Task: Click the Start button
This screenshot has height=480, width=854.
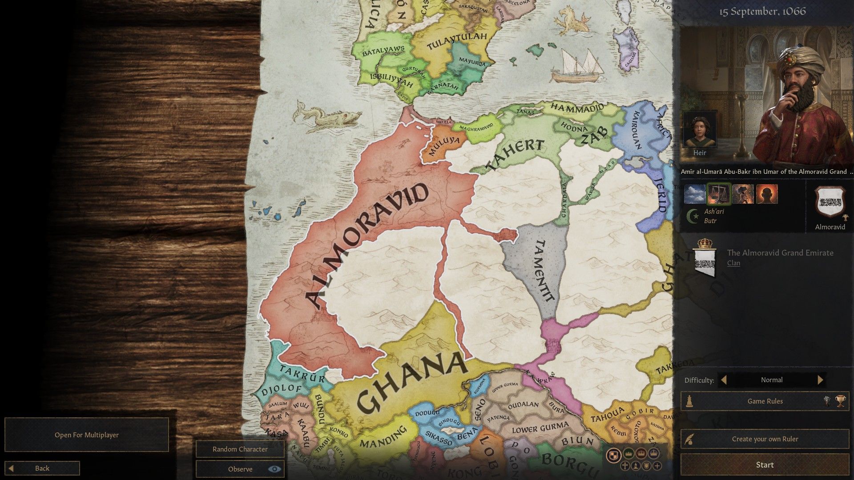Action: click(765, 465)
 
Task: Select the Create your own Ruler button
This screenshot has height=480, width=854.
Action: click(765, 439)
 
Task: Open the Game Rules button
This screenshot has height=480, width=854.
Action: click(765, 401)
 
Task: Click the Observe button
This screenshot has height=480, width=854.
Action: click(240, 469)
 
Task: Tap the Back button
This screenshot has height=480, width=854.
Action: click(42, 468)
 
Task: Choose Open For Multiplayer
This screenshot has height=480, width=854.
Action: click(87, 435)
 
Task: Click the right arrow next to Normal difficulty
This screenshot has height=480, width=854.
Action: click(820, 380)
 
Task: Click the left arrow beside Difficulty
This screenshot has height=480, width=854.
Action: click(724, 380)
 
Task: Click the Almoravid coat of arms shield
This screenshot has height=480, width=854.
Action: click(830, 203)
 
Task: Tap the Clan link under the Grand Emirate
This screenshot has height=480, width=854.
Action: click(733, 263)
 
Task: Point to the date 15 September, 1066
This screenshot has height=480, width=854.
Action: click(762, 12)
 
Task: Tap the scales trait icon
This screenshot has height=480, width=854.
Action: click(718, 194)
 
